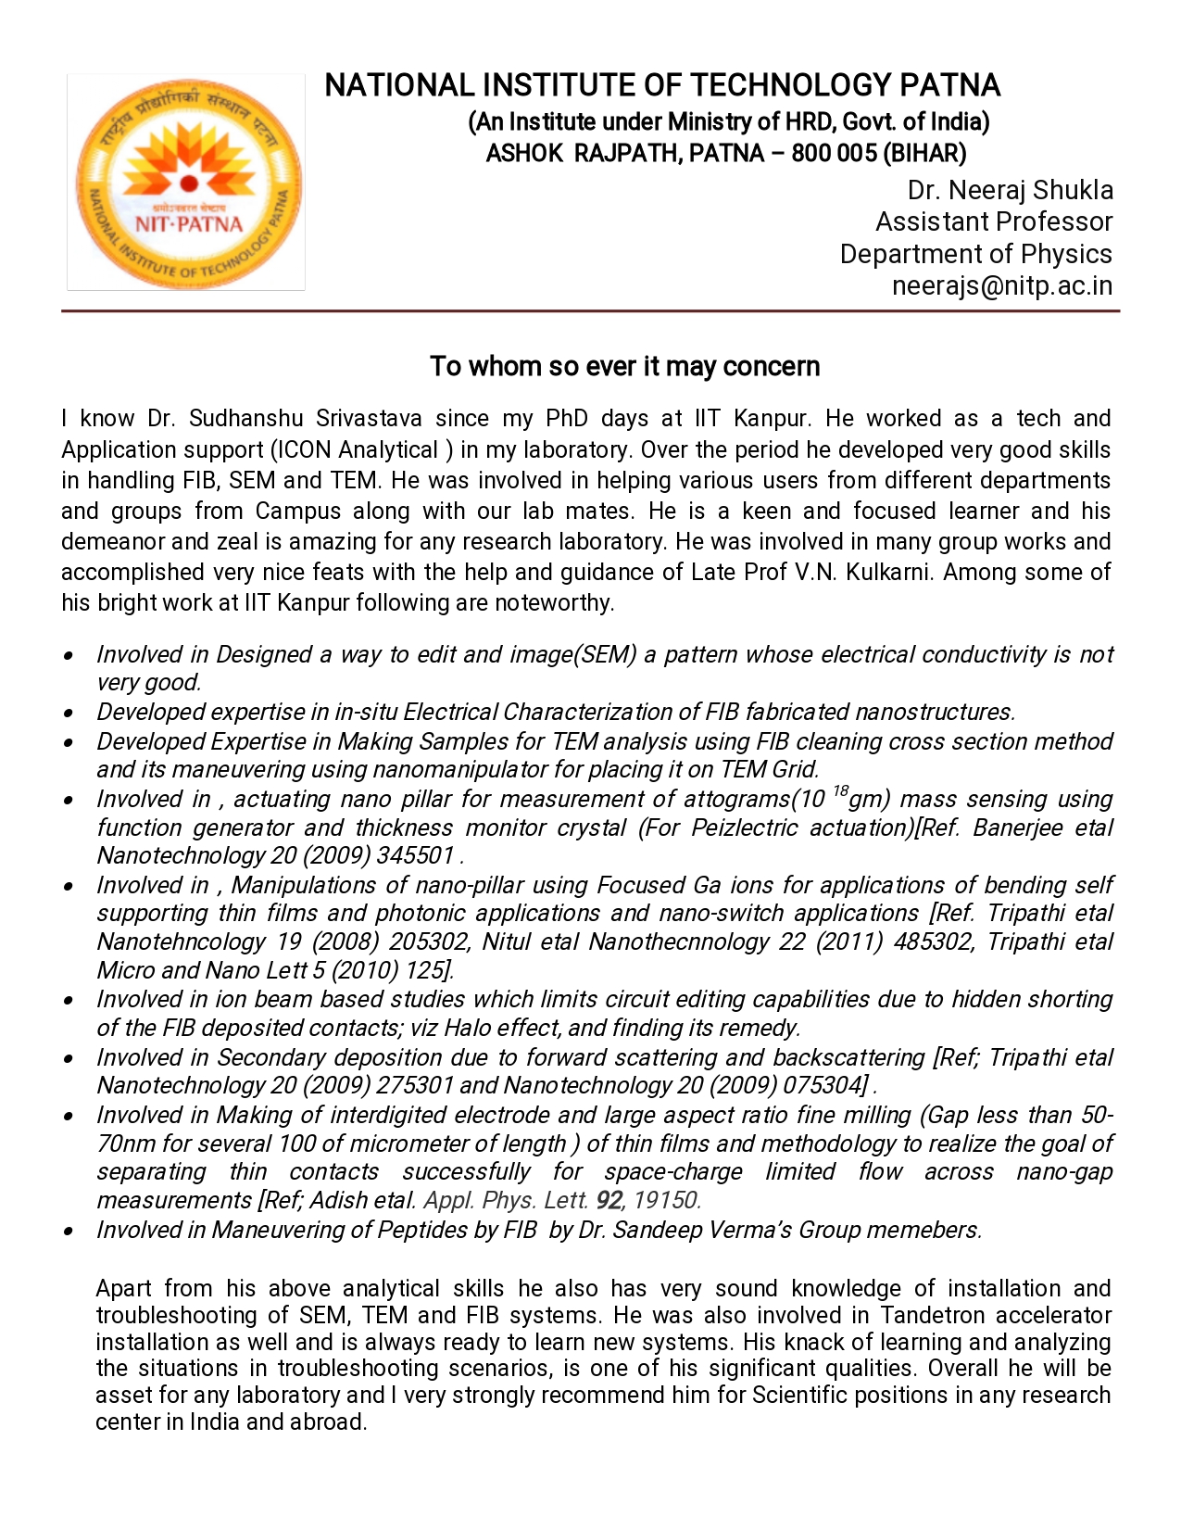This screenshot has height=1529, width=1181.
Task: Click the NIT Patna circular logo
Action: (x=187, y=183)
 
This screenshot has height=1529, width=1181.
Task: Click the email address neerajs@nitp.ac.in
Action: (x=1001, y=286)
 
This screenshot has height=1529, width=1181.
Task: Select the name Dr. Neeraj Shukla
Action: (x=1010, y=190)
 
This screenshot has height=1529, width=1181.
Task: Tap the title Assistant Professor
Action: (x=993, y=222)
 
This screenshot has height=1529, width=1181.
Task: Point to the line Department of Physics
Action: (x=975, y=254)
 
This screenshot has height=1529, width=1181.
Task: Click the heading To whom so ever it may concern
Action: (x=624, y=367)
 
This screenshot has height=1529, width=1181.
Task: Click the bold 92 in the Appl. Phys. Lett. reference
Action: (x=609, y=1201)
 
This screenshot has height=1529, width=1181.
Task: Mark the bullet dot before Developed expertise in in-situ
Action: (x=69, y=714)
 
